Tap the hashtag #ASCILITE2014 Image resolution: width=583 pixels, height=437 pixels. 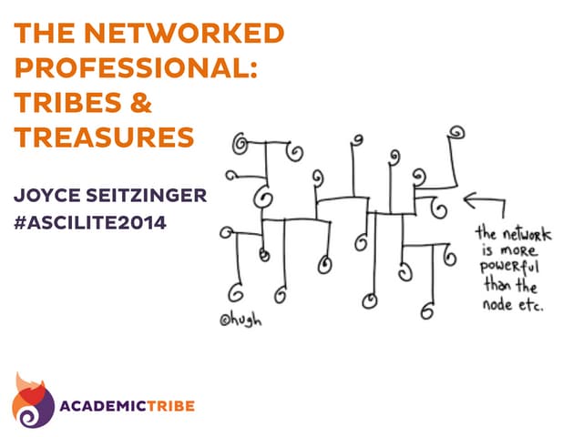pyautogui.click(x=89, y=220)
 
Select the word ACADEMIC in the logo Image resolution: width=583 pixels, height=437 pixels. pyautogui.click(x=107, y=403)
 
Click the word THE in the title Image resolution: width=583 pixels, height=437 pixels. pyautogui.click(x=41, y=35)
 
